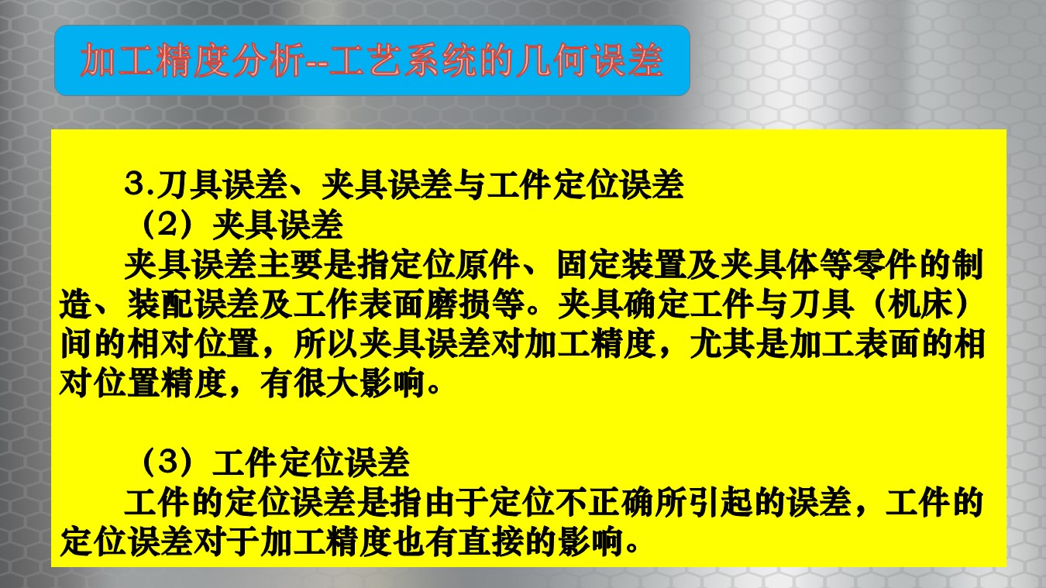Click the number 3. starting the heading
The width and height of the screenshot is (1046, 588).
coord(139,184)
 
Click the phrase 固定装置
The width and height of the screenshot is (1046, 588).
coord(622,264)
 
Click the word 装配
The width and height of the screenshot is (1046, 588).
coord(160,304)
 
